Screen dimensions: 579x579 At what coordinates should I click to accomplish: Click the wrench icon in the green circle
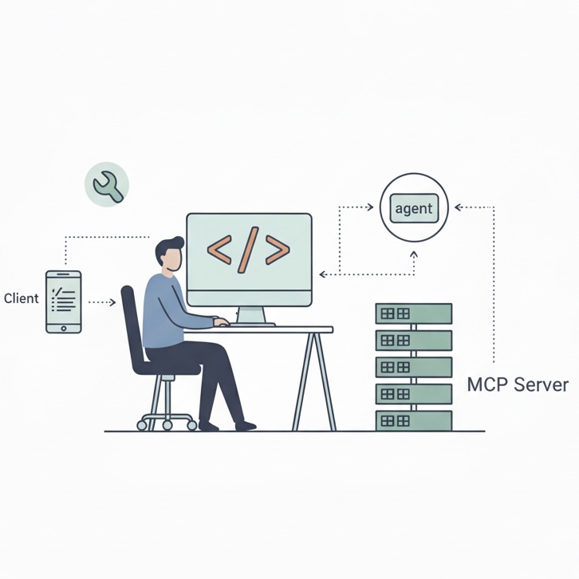107,186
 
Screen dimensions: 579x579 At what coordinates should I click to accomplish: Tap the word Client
22,298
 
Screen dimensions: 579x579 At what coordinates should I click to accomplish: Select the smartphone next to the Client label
63,301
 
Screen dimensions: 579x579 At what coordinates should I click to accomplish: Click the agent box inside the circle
414,209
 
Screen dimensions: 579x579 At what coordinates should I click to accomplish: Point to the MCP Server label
518,385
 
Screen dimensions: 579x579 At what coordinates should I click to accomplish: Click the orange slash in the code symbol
248,250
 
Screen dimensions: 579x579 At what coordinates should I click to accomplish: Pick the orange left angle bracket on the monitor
219,250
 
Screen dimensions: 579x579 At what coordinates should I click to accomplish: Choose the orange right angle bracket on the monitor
278,250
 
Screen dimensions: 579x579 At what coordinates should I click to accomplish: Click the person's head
169,254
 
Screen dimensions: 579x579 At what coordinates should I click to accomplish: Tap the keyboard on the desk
239,324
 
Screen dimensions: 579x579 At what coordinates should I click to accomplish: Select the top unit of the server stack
413,313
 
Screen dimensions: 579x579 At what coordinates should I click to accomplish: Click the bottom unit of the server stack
413,420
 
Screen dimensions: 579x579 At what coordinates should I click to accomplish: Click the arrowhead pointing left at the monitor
323,274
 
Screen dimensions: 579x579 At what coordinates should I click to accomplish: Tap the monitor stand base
253,323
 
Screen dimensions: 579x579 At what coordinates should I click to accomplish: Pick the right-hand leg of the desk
323,381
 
